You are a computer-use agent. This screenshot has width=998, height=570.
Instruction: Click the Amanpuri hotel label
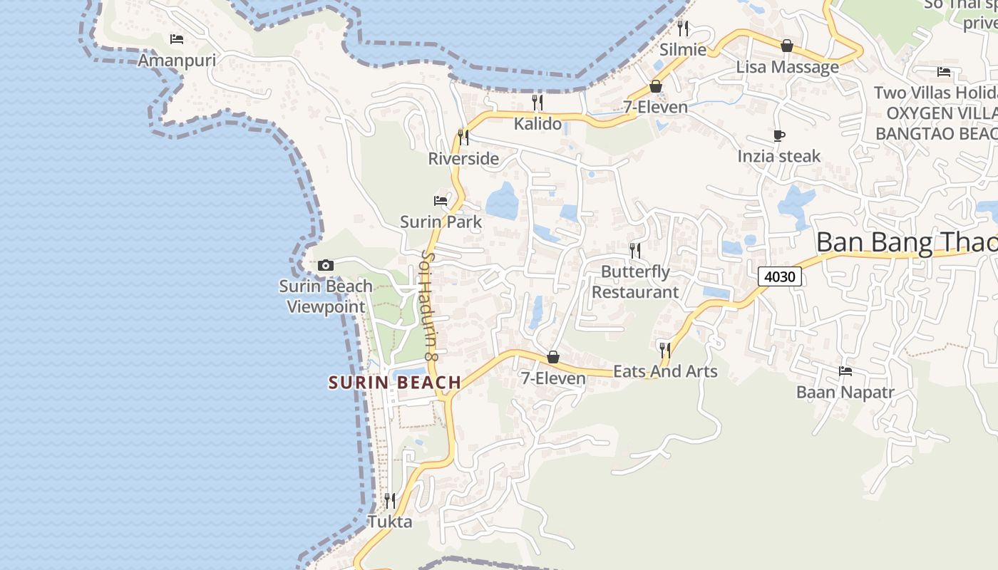point(177,60)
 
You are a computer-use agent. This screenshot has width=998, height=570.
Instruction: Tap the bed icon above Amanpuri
point(177,38)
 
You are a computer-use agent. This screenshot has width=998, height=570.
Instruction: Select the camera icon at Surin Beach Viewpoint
point(326,265)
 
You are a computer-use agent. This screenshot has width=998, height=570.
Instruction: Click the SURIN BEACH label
point(395,383)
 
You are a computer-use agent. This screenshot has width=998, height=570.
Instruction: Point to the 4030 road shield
point(780,276)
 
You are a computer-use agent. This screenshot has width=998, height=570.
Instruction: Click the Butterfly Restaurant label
point(635,281)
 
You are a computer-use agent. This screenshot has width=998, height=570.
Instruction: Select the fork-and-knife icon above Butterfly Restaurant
point(635,250)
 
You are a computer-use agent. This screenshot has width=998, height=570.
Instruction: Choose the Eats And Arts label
point(665,371)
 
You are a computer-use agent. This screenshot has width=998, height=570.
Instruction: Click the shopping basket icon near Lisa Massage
point(787,46)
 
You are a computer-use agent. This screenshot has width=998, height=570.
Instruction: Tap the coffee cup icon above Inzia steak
point(779,135)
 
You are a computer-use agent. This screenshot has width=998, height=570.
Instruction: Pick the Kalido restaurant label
point(538,124)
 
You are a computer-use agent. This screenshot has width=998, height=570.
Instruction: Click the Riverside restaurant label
point(463,159)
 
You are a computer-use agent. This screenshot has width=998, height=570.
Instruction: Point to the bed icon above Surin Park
point(441,201)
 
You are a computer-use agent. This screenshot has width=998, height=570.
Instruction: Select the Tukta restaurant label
point(390,522)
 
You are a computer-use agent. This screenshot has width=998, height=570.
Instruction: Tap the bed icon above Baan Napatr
point(845,371)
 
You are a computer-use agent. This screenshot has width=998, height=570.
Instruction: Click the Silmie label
point(683,50)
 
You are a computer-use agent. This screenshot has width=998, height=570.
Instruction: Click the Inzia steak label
point(779,156)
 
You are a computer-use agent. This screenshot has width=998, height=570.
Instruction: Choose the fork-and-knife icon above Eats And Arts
point(665,350)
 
